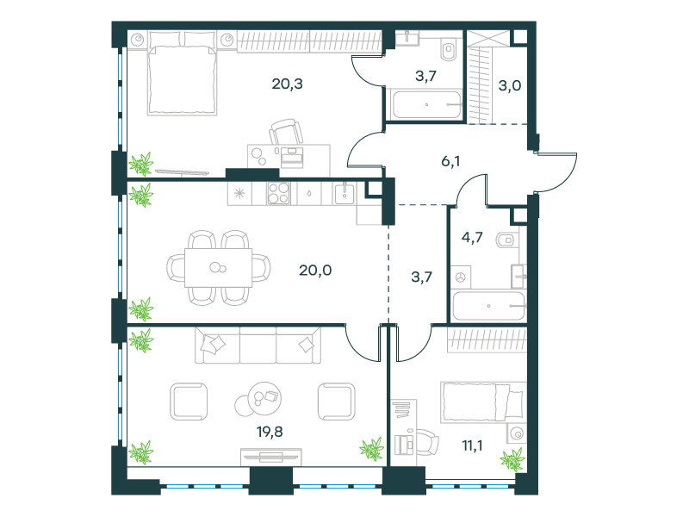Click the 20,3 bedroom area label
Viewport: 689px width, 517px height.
288,84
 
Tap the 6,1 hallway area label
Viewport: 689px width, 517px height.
450,161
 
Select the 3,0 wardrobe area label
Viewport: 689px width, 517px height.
510,85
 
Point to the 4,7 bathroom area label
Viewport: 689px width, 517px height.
472,238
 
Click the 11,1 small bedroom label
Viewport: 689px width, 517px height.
472,445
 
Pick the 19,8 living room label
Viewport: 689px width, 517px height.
270,432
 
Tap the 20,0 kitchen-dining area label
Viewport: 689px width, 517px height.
315,270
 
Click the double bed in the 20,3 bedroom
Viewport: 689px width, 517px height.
183,73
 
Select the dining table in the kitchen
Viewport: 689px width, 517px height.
219,268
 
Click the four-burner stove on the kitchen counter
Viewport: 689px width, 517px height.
278,193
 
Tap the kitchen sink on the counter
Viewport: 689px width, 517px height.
344,193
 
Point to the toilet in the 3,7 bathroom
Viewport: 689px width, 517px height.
448,50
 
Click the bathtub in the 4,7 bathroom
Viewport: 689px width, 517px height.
488,306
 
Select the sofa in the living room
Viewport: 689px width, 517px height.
258,346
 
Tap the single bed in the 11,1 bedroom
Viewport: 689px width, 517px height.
483,402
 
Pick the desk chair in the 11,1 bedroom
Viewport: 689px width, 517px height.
425,443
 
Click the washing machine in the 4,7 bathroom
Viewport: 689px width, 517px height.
461,277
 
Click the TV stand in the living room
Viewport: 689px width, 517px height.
271,458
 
